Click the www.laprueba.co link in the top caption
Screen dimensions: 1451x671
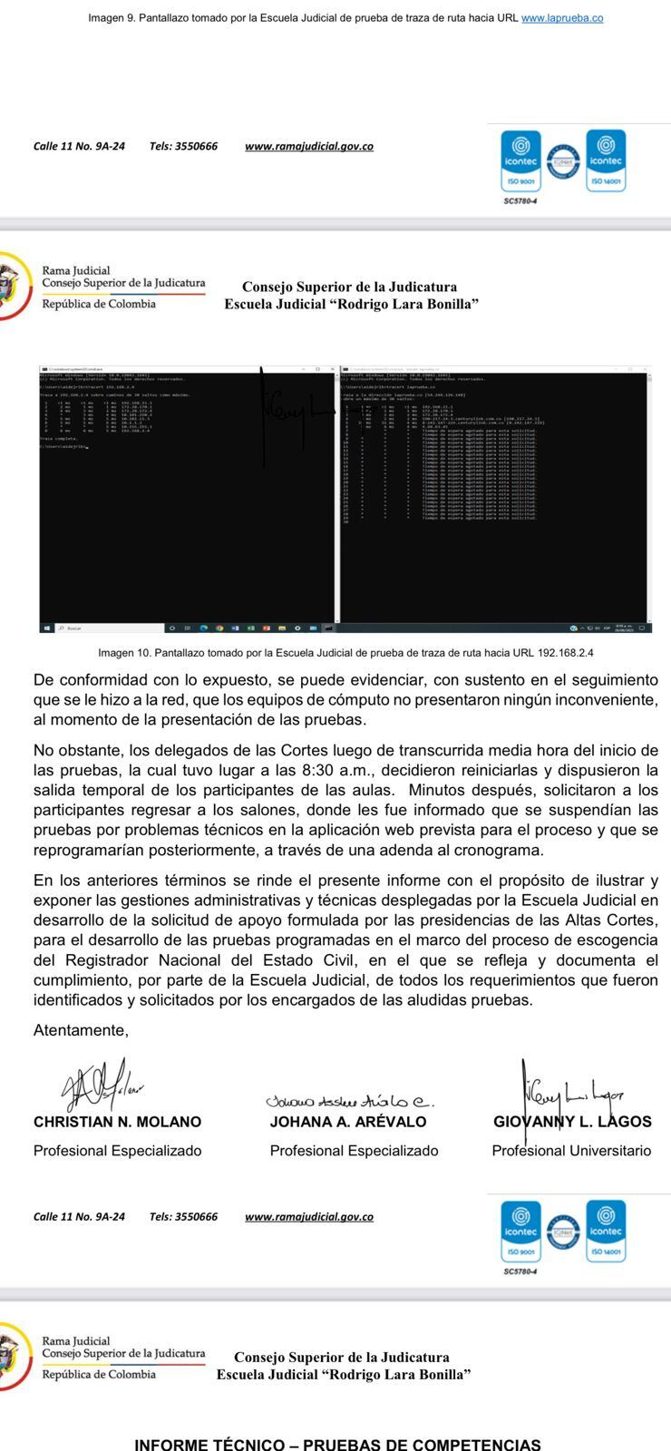click(562, 18)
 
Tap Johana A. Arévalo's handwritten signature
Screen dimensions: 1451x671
click(349, 1101)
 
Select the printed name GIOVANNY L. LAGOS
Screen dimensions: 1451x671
click(572, 1122)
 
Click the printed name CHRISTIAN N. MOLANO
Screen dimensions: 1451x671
click(117, 1122)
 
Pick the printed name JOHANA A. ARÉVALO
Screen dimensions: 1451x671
click(348, 1122)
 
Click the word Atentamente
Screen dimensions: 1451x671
click(81, 1030)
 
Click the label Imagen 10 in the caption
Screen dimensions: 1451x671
click(127, 653)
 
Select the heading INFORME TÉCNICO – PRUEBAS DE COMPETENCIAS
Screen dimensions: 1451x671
click(337, 1443)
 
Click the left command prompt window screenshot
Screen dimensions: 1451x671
click(186, 494)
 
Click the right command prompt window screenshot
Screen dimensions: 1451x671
click(495, 494)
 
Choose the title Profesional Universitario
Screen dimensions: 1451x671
click(571, 1151)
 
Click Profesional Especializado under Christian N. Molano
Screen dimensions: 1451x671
click(117, 1151)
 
